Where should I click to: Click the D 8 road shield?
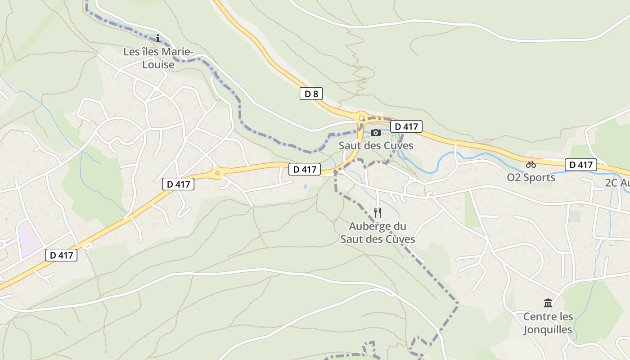click(311, 94)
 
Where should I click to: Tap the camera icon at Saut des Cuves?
click(376, 132)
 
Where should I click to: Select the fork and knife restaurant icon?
click(378, 213)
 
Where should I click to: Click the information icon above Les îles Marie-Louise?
click(158, 39)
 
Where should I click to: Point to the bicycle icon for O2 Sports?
click(531, 164)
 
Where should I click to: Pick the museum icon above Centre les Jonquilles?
click(548, 303)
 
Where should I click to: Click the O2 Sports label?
click(531, 177)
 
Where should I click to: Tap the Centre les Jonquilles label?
click(548, 323)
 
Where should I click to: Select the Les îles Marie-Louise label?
click(158, 58)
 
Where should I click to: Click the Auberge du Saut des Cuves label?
click(378, 233)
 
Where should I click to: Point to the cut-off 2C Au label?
click(617, 183)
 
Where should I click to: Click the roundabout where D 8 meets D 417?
click(361, 118)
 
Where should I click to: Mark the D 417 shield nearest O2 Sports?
click(580, 165)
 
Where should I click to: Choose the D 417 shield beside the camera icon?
click(406, 127)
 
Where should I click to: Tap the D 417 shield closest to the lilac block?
click(61, 255)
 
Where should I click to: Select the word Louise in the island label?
click(158, 65)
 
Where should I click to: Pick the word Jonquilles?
click(548, 330)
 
